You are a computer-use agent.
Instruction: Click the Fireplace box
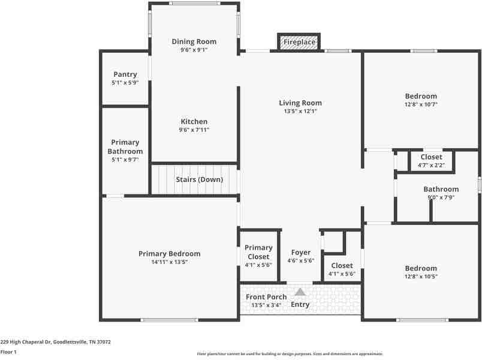299,43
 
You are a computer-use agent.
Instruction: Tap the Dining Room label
194,41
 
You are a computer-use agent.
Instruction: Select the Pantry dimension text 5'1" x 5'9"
125,83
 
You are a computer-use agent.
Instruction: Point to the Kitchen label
194,121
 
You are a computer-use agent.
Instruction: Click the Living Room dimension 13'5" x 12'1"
300,111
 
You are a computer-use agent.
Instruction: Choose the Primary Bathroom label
125,147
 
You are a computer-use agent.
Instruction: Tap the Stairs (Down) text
199,179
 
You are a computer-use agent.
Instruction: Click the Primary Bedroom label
169,254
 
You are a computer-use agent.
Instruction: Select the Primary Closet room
258,256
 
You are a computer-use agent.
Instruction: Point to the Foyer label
300,253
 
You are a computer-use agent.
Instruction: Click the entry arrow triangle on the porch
300,292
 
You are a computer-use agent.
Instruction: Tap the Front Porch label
266,297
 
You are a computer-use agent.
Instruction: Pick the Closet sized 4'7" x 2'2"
431,161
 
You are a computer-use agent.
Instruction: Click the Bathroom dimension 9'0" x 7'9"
441,197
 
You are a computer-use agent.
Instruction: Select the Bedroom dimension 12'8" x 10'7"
421,104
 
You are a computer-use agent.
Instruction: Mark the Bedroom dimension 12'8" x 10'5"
421,277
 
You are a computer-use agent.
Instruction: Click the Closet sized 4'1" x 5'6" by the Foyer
342,269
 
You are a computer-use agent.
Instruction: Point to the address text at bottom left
55,342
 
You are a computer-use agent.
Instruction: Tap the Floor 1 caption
8,352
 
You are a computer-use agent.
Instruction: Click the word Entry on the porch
300,304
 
